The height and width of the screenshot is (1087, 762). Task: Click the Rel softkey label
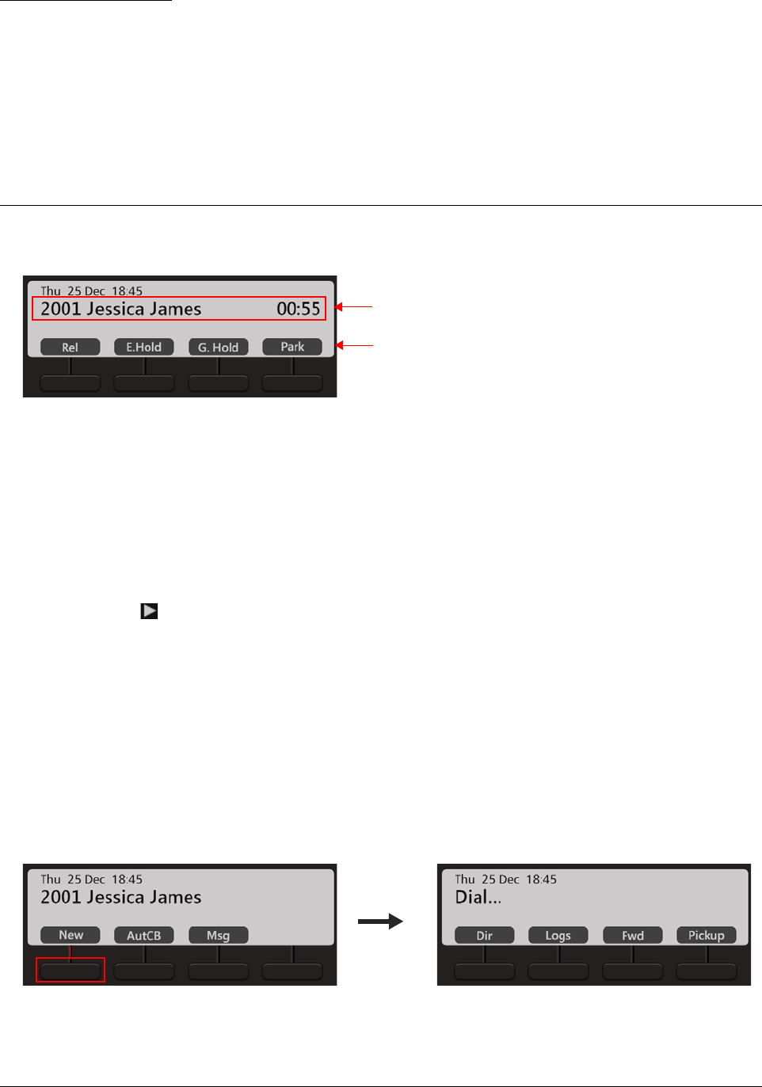[70, 347]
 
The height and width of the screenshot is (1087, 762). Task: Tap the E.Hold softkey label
[143, 347]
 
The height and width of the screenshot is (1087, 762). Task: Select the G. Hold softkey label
[218, 347]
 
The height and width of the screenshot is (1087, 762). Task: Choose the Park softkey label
[292, 347]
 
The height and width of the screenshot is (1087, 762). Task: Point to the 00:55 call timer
[298, 309]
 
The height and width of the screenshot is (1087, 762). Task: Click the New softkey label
[70, 935]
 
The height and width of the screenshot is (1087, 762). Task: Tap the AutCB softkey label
[143, 935]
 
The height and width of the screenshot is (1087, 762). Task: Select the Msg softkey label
[218, 935]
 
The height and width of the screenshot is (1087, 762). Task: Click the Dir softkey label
[484, 935]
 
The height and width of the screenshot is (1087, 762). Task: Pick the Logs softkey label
[558, 935]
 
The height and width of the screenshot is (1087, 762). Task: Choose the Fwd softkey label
[632, 935]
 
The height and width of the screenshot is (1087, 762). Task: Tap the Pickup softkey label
[706, 935]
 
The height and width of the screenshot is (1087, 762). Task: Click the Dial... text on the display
[478, 898]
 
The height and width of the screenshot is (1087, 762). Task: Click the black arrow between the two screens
[380, 922]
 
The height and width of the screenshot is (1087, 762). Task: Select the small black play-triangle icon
[149, 611]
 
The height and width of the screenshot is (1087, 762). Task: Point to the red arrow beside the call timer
[353, 306]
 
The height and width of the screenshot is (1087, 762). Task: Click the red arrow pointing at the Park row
[353, 345]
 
